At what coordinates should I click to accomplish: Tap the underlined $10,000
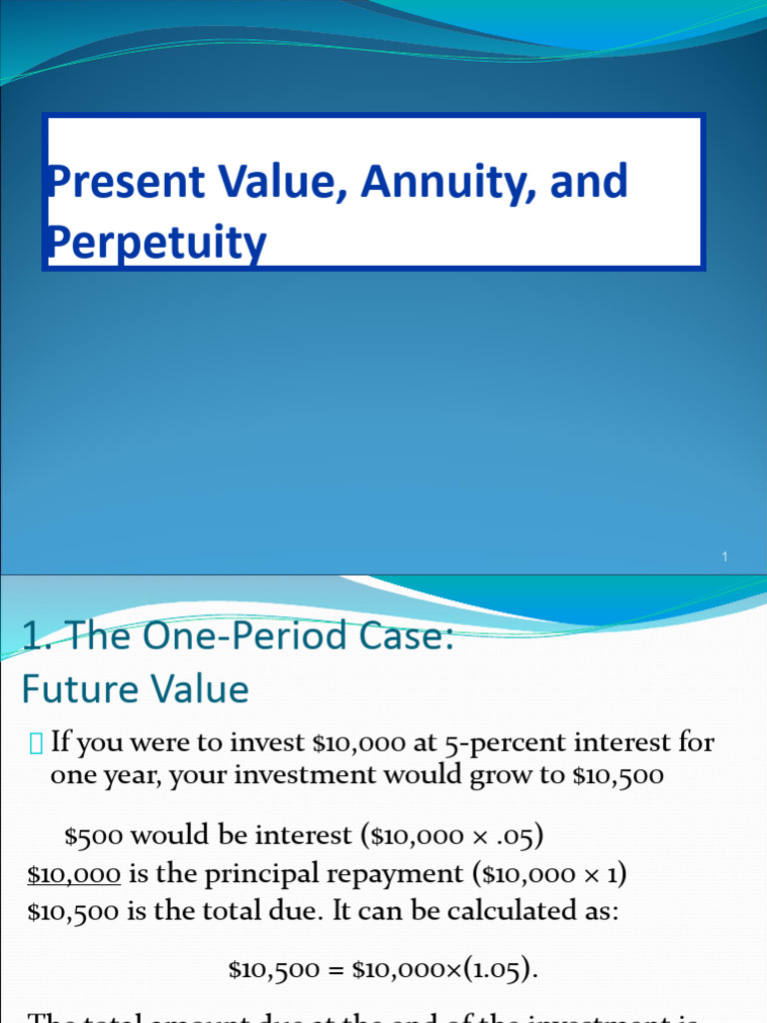tap(74, 875)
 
